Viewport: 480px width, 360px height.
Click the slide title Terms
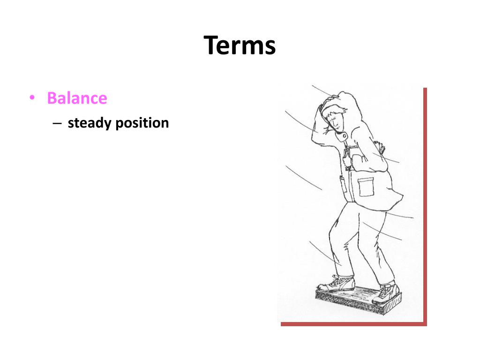tap(240, 46)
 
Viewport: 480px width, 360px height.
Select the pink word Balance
tap(77, 98)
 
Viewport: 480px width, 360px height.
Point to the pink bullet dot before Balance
tap(32, 98)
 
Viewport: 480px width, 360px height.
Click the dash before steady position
tap(57, 123)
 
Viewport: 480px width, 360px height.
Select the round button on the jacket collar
tap(345, 136)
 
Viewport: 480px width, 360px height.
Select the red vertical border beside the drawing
tap(425, 206)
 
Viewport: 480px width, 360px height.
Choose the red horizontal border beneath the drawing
tap(353, 323)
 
